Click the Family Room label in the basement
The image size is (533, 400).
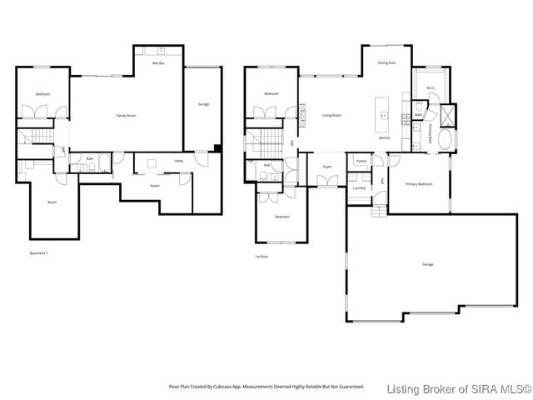click(127, 116)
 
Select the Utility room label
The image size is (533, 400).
click(178, 161)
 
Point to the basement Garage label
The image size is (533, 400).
click(203, 104)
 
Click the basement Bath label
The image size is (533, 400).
click(89, 158)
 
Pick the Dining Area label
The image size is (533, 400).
click(386, 62)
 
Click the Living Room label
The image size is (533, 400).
click(331, 116)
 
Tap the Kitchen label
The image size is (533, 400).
click(385, 137)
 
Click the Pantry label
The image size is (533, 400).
click(361, 160)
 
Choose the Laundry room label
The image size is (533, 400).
click(359, 188)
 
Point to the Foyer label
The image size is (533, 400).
click(327, 167)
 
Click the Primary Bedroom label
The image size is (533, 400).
click(418, 183)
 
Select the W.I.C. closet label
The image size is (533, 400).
click(431, 87)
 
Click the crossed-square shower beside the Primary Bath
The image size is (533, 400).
click(447, 114)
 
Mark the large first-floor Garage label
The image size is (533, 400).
click(427, 264)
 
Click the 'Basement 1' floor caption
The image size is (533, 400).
click(39, 252)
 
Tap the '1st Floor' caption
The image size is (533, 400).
click(262, 256)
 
